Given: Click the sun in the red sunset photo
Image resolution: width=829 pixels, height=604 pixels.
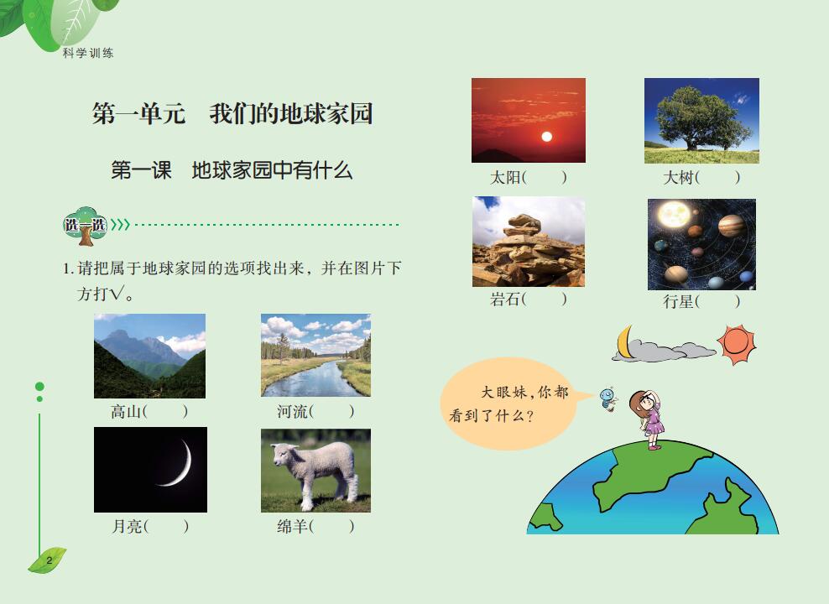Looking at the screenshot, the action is tap(547, 137).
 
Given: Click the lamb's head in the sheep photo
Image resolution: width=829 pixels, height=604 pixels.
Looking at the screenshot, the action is tap(282, 456).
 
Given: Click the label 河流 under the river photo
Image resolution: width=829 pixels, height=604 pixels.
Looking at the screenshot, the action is tap(292, 411).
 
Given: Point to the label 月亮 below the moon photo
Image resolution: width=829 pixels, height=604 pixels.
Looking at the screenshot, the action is tap(127, 526).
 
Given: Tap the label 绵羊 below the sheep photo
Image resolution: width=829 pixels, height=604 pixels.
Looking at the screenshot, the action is tap(292, 526).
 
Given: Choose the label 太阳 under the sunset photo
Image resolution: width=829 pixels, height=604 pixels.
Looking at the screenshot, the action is tap(505, 178).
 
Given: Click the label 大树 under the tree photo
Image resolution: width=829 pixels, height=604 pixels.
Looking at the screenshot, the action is tap(678, 178).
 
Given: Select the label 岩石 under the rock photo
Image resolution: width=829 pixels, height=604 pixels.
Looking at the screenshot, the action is tap(505, 299).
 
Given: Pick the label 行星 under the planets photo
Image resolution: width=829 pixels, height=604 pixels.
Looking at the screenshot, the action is tap(678, 302).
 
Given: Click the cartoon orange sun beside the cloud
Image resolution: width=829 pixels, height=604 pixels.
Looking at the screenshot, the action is tap(737, 345).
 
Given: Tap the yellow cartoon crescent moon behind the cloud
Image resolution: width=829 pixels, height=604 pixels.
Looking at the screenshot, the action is tap(624, 342).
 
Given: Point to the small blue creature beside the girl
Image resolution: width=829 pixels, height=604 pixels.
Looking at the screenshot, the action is tap(608, 398).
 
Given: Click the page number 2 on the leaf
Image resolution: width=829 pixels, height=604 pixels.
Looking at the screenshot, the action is tap(50, 560).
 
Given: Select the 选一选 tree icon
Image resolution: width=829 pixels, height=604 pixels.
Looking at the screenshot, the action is tap(85, 226).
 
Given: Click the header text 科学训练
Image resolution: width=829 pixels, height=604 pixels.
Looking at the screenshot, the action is tap(88, 53).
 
